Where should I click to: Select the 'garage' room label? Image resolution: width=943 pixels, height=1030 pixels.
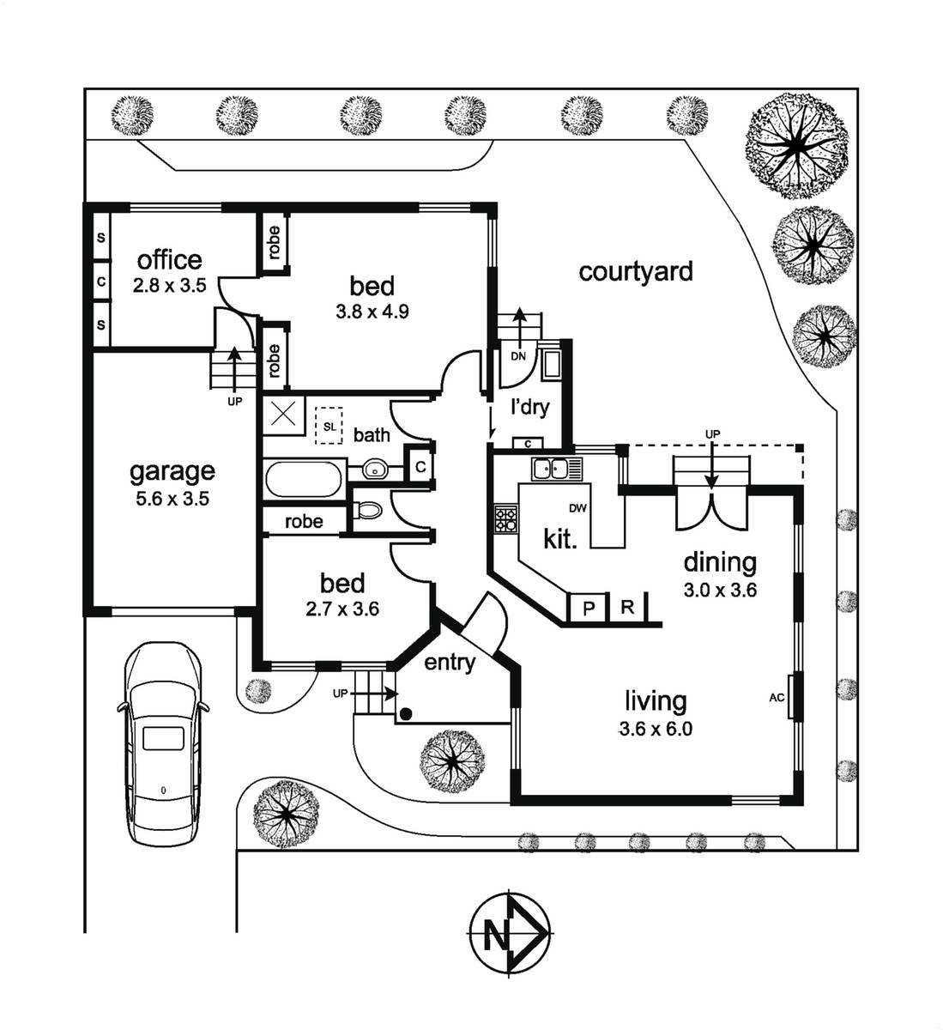click(x=172, y=470)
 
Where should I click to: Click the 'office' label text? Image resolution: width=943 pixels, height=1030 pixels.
click(x=170, y=260)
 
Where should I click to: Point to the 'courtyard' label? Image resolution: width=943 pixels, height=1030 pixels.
click(x=636, y=272)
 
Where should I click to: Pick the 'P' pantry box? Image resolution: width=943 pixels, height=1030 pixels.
click(x=589, y=609)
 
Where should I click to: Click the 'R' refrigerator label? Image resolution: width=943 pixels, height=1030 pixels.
click(x=627, y=608)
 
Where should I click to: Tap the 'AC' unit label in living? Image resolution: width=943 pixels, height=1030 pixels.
click(x=777, y=698)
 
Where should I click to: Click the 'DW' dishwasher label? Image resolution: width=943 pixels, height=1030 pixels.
click(x=577, y=508)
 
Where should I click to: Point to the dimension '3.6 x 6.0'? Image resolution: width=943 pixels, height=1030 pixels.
click(x=655, y=730)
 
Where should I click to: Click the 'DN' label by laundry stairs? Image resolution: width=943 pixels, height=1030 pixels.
click(x=517, y=355)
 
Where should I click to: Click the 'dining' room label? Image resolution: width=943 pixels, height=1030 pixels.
click(x=719, y=563)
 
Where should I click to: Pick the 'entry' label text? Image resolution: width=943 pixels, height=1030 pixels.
click(x=450, y=663)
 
